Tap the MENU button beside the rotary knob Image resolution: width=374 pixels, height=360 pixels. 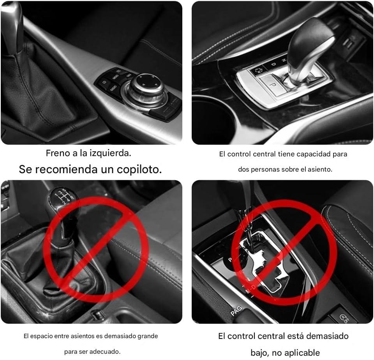point(115,77)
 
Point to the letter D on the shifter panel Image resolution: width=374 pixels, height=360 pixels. point(274,64)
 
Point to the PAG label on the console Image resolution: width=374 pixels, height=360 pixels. point(236,311)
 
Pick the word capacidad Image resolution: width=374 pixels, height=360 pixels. point(310,154)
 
